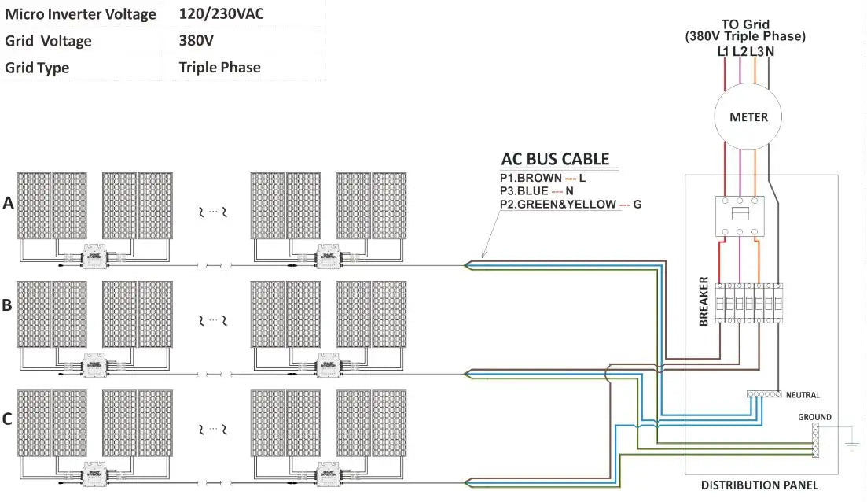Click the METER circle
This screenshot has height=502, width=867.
(x=748, y=117)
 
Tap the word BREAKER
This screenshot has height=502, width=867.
(x=704, y=301)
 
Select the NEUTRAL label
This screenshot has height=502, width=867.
(x=803, y=395)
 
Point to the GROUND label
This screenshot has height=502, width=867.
(x=814, y=417)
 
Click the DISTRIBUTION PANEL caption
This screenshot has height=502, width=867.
(x=759, y=485)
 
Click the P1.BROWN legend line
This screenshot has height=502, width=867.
(x=542, y=179)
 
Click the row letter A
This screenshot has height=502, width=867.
(x=9, y=203)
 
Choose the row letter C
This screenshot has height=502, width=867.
(x=7, y=419)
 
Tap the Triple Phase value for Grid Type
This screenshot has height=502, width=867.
(x=219, y=68)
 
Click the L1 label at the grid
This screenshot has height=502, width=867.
(x=724, y=52)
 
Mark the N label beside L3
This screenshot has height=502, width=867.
(x=770, y=52)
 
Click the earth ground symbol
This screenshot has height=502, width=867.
(x=850, y=446)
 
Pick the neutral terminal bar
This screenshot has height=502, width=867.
(x=763, y=393)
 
